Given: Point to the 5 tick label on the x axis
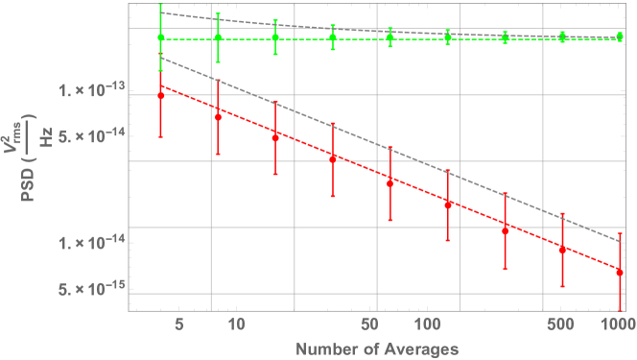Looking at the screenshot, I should point(178,324).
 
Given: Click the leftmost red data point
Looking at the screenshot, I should point(160,96).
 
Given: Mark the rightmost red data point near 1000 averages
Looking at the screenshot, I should point(620,273).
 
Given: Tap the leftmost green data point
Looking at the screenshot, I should point(160,37).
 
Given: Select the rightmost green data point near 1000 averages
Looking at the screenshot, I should point(620,36).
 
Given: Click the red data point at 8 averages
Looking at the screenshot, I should point(218,117).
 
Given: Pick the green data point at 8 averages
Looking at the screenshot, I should point(218,37).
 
